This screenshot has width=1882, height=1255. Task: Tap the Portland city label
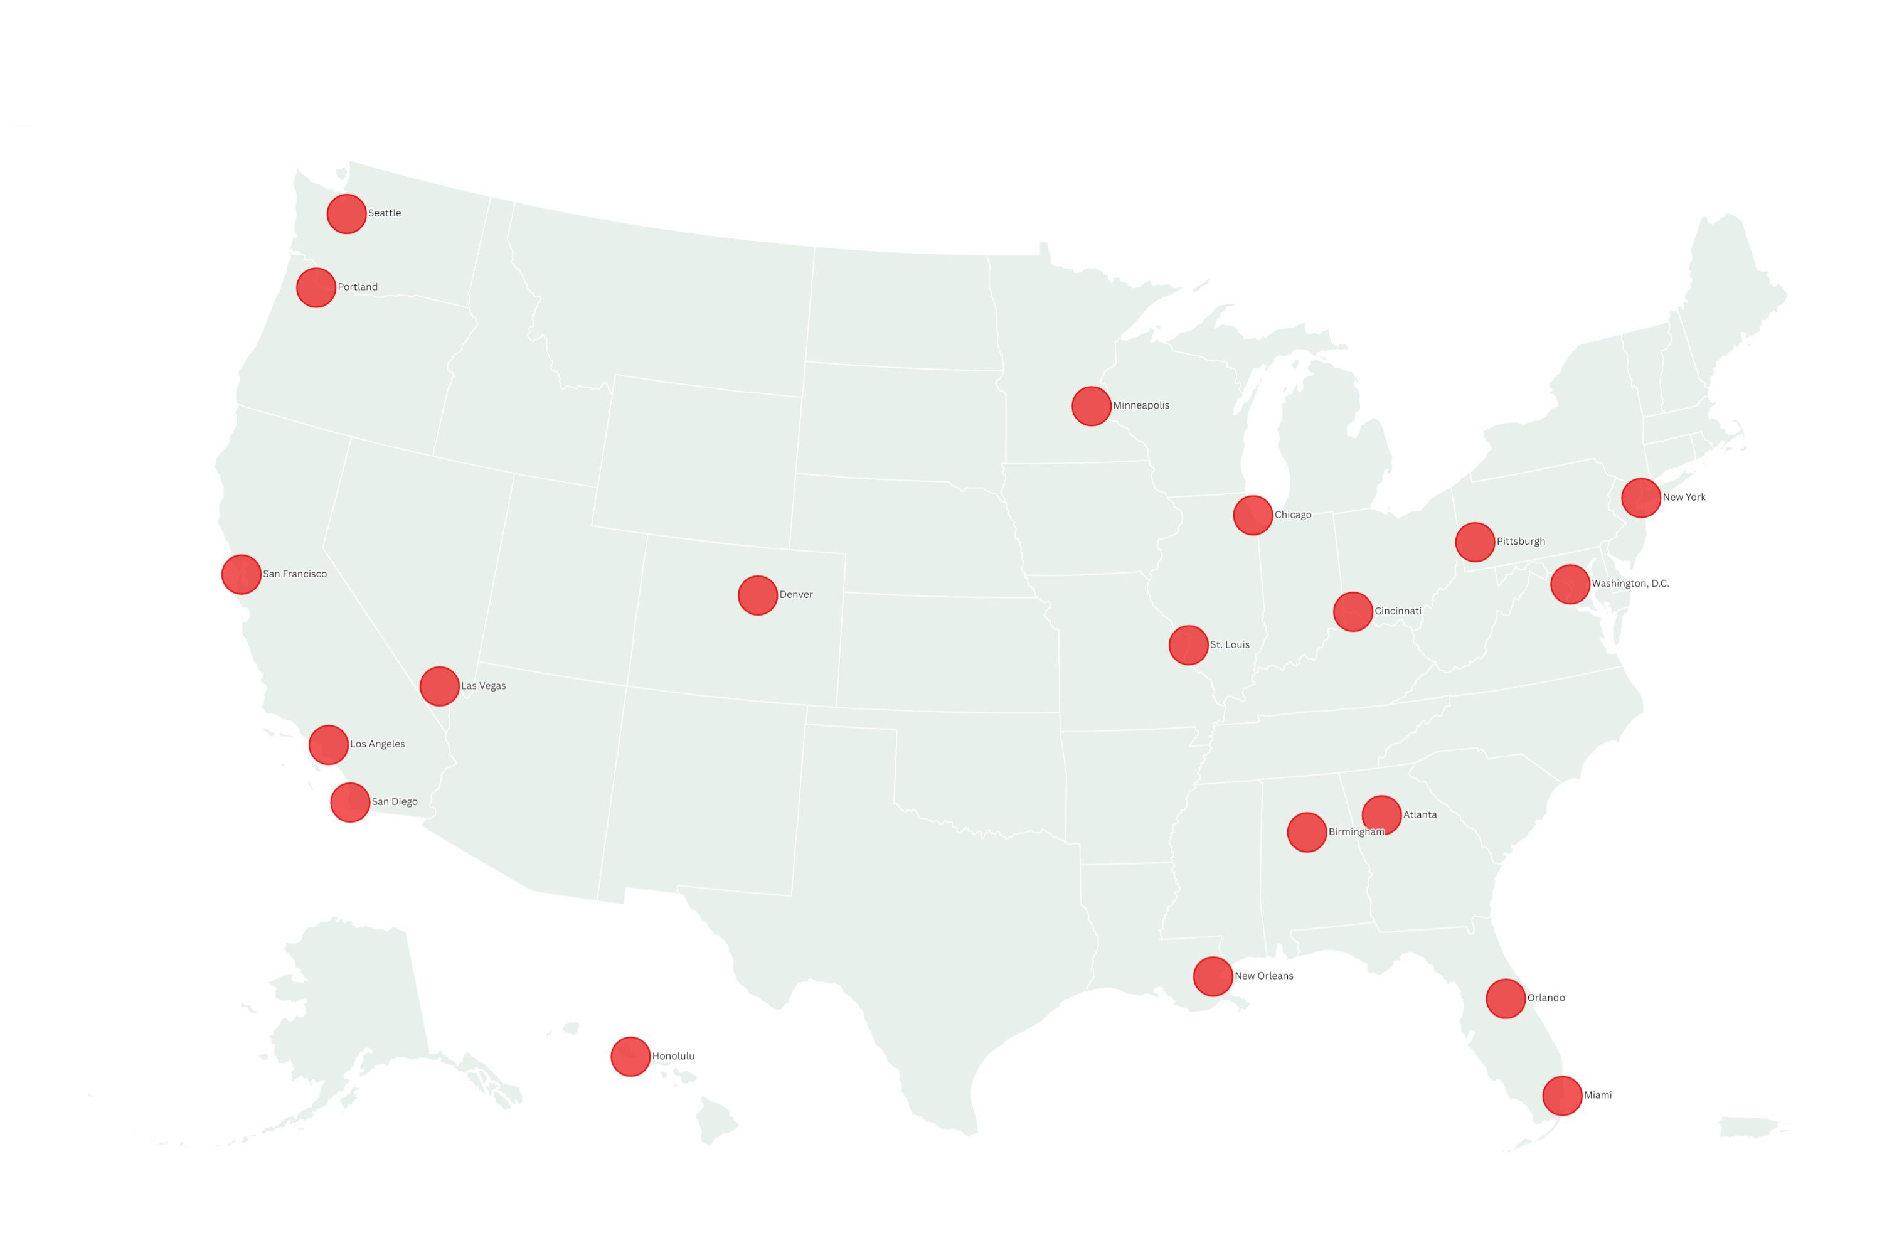click(x=358, y=287)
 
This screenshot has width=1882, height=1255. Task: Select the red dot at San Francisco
click(x=241, y=574)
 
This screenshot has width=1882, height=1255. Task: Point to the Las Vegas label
click(x=483, y=686)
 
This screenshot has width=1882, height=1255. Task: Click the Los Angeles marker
click(x=328, y=744)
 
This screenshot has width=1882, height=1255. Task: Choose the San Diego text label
click(x=395, y=802)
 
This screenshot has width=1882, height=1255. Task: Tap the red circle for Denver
click(x=758, y=595)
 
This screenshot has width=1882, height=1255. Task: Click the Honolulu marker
click(x=630, y=1057)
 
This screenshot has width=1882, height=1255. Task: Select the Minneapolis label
click(x=1141, y=405)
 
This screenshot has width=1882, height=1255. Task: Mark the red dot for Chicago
click(x=1252, y=515)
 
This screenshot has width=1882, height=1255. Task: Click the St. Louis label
click(x=1230, y=644)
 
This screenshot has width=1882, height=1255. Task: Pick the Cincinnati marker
click(x=1353, y=611)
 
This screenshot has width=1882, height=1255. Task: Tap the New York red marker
click(x=1640, y=498)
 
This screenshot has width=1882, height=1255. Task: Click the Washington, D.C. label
click(x=1630, y=584)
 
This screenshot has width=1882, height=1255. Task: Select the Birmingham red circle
click(x=1306, y=833)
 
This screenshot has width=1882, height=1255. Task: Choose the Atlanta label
click(x=1420, y=814)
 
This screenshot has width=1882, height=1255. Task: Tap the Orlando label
click(x=1546, y=998)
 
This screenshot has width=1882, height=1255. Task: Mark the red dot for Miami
click(x=1562, y=1096)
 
